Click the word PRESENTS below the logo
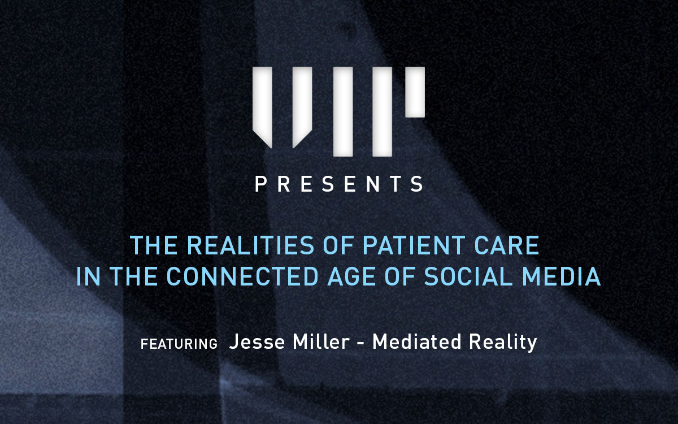[339, 184]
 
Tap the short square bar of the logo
[415, 92]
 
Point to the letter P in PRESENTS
[260, 184]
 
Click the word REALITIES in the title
[251, 245]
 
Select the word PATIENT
[414, 245]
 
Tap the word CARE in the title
[507, 245]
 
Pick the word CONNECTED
[242, 276]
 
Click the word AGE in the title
[352, 276]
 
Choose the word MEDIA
[562, 276]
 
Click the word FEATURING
[179, 344]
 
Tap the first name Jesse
[257, 342]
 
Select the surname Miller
[321, 342]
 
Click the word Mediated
[417, 342]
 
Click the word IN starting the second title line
[88, 276]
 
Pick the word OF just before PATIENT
[338, 245]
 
